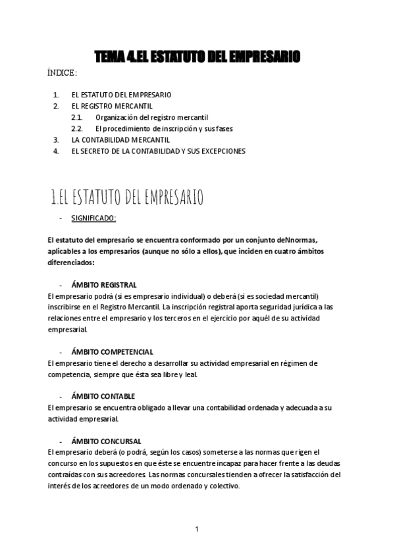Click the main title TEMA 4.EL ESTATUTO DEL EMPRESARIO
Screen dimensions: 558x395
(197, 57)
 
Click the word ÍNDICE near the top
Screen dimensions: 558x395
(62, 72)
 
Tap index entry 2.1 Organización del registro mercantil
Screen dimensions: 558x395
(152, 117)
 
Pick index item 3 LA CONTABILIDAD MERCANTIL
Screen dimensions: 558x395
(120, 139)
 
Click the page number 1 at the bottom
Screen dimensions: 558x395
(197, 529)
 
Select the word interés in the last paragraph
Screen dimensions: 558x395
(60, 486)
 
